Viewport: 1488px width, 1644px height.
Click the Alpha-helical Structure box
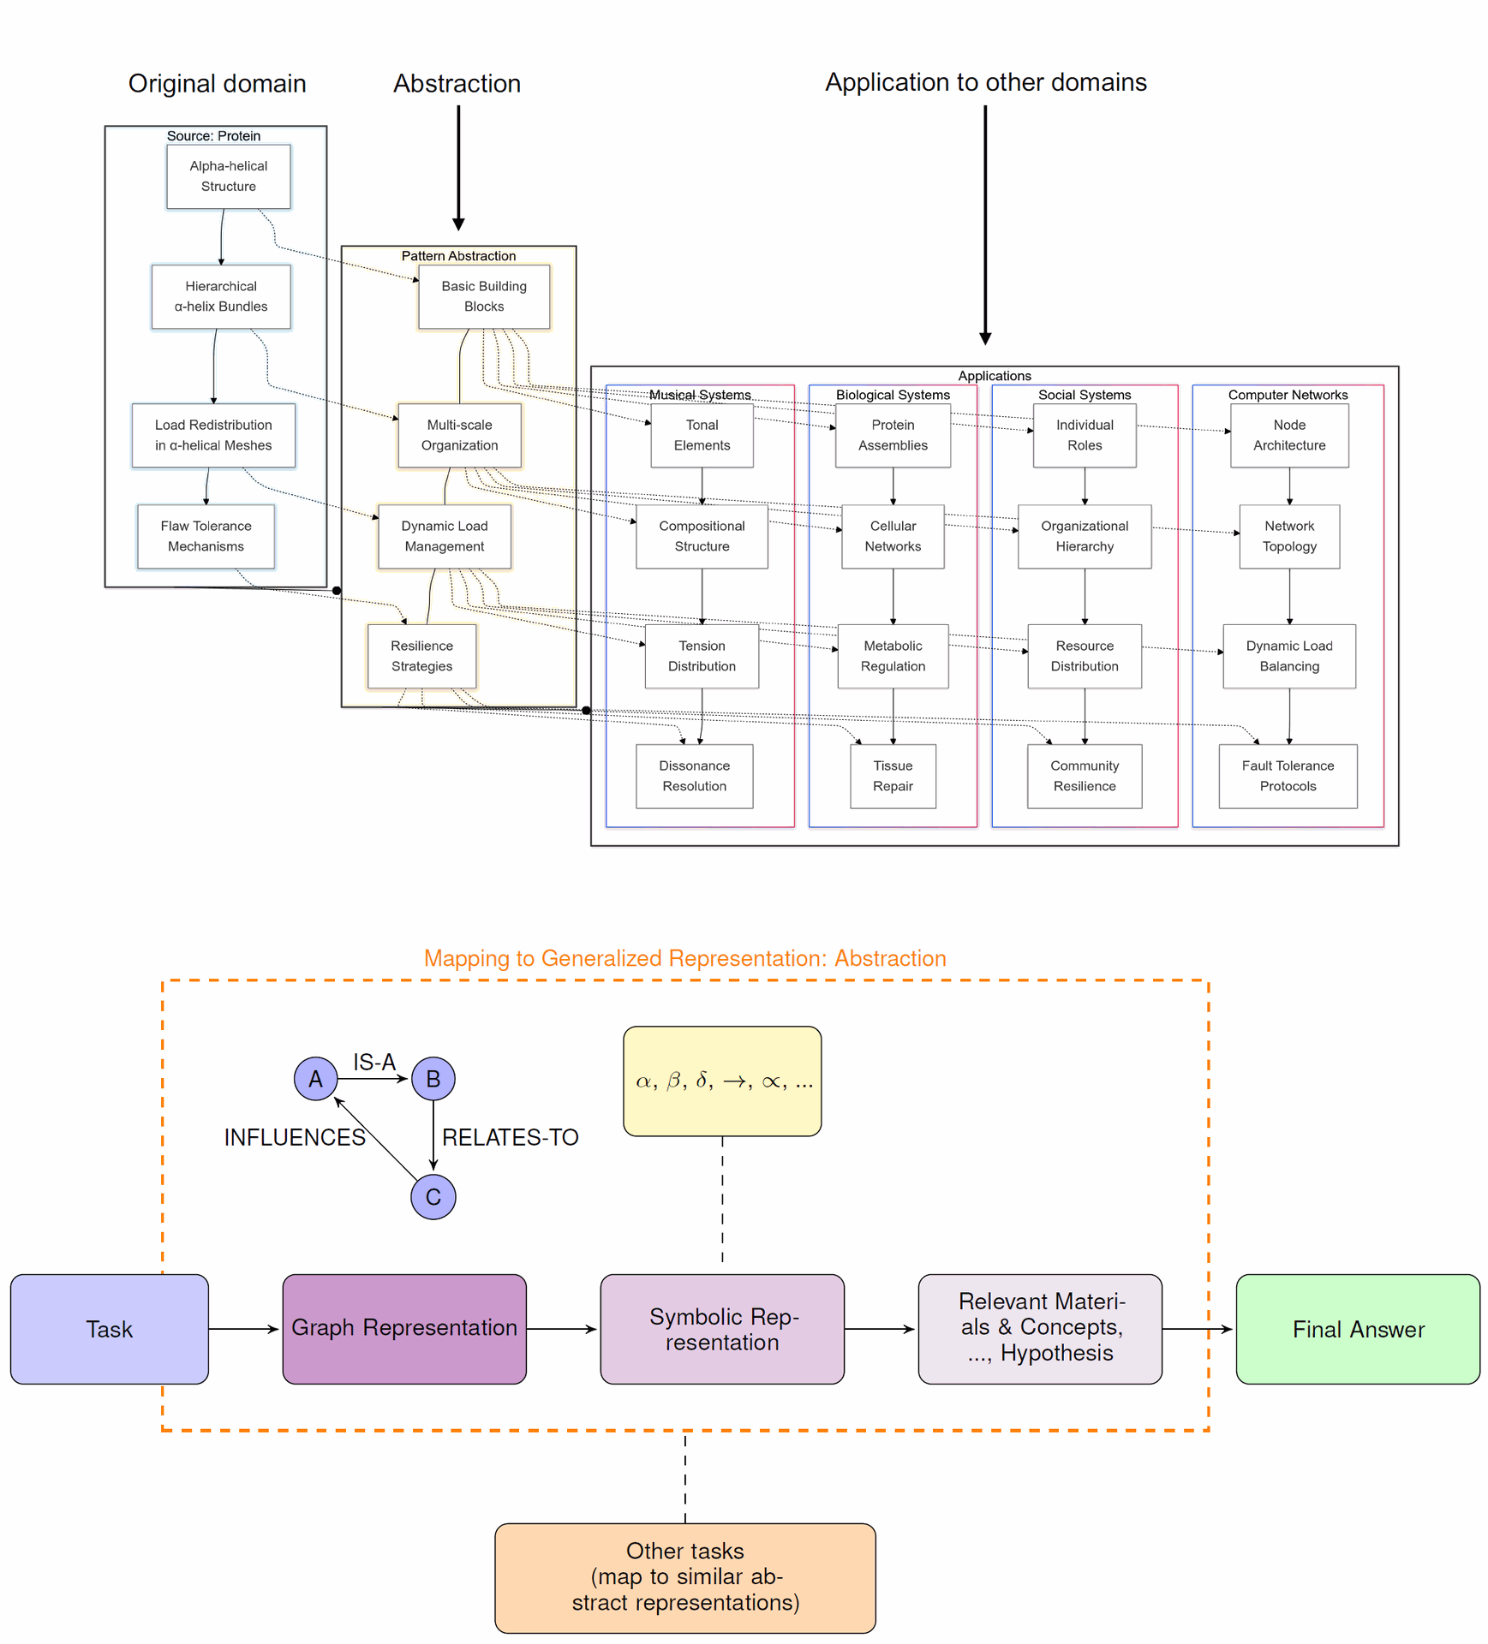pyautogui.click(x=228, y=176)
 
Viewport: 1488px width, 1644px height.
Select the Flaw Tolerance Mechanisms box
pyautogui.click(x=206, y=536)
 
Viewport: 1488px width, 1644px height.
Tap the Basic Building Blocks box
pyautogui.click(x=484, y=296)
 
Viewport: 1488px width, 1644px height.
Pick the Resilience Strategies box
pyautogui.click(x=421, y=656)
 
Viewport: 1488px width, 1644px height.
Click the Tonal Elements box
pyautogui.click(x=702, y=435)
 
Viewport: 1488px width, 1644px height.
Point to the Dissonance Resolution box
pyautogui.click(x=694, y=776)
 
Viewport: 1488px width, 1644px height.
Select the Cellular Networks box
pyautogui.click(x=893, y=536)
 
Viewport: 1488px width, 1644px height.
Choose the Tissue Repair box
pyautogui.click(x=893, y=776)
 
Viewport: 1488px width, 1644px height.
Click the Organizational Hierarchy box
pyautogui.click(x=1085, y=536)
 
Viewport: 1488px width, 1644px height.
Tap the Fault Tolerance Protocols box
pyautogui.click(x=1288, y=776)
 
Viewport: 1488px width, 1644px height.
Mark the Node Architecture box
pyautogui.click(x=1289, y=435)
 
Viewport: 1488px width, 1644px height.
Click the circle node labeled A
pyautogui.click(x=316, y=1078)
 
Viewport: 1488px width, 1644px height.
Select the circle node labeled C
pyautogui.click(x=433, y=1196)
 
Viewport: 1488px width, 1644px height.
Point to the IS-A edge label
pyautogui.click(x=374, y=1062)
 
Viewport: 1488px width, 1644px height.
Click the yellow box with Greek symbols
pyautogui.click(x=722, y=1081)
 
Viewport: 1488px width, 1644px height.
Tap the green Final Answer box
pyautogui.click(x=1358, y=1329)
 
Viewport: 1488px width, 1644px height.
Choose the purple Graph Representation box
pyautogui.click(x=404, y=1329)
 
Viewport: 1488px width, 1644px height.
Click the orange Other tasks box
pyautogui.click(x=685, y=1577)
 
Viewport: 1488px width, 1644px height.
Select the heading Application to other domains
pyautogui.click(x=986, y=82)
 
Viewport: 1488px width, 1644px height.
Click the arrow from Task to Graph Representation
pyautogui.click(x=244, y=1329)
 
